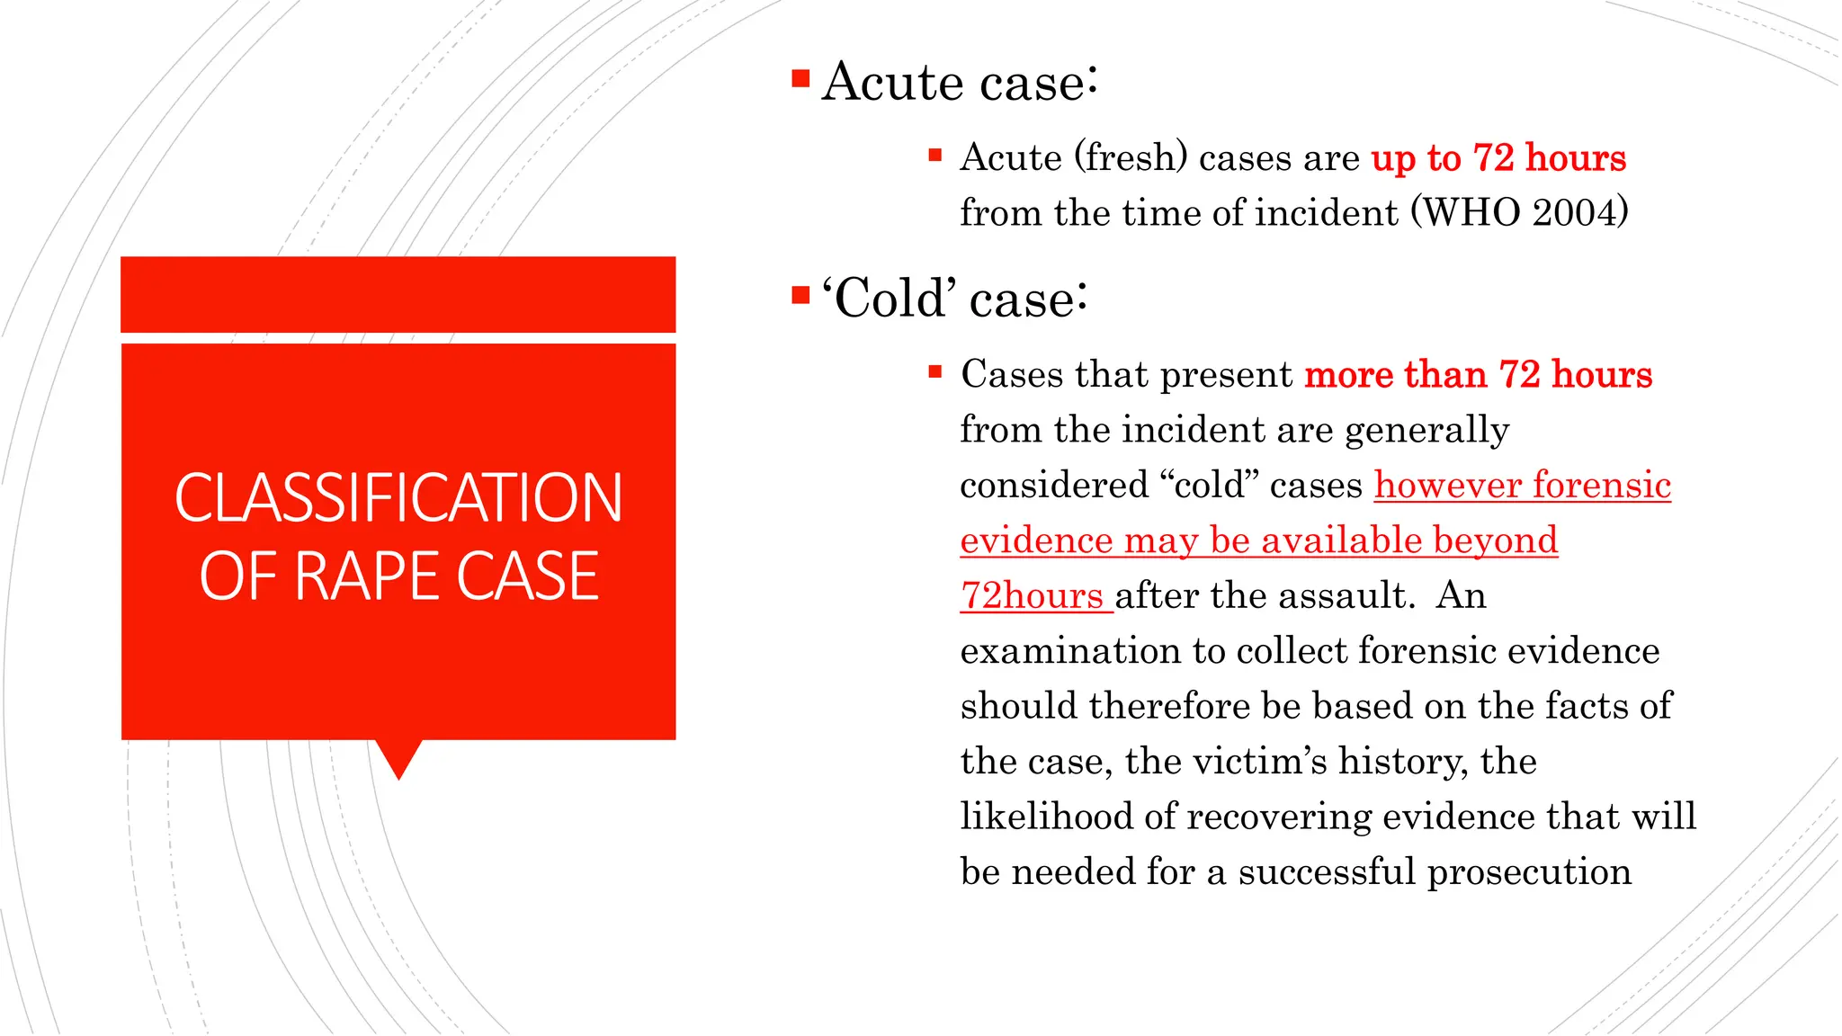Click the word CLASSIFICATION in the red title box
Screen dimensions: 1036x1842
398,497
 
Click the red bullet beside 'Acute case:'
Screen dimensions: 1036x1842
800,78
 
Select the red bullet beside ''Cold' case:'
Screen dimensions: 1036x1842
800,295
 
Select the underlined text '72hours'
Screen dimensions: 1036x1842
1032,596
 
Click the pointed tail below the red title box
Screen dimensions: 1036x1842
398,758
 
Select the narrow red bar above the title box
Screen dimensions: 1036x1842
398,294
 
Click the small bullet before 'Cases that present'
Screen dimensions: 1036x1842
935,371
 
